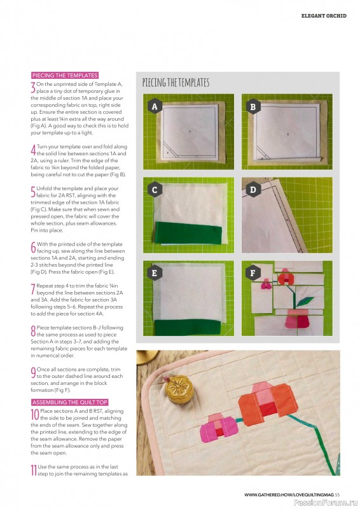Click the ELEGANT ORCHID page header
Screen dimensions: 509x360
[x=323, y=16]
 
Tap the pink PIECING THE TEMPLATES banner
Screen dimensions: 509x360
[x=64, y=75]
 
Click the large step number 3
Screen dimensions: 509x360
[x=33, y=88]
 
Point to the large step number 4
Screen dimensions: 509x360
[x=33, y=151]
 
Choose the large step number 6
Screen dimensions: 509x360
[x=33, y=248]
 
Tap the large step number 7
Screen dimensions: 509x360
[x=33, y=291]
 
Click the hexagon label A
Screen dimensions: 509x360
[x=154, y=107]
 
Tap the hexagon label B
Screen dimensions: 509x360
[x=253, y=107]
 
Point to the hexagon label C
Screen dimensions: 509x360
[x=154, y=189]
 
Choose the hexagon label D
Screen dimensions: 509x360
[x=253, y=189]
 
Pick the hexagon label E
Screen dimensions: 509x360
[x=154, y=272]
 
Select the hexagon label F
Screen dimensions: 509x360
[x=253, y=272]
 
